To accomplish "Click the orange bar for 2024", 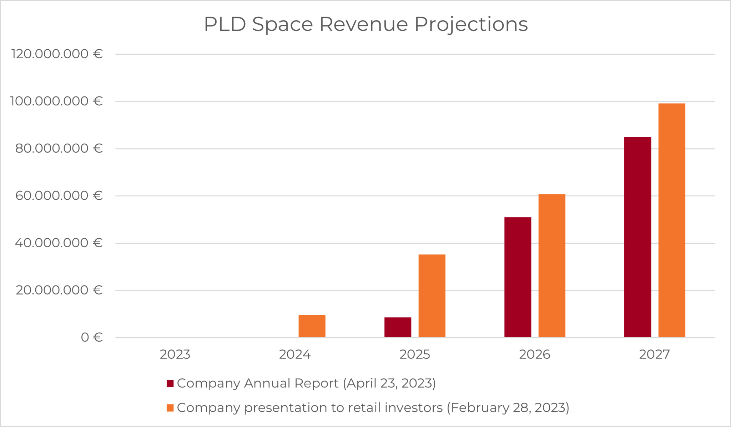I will click(x=312, y=326).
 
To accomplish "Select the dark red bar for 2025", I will click(x=398, y=327).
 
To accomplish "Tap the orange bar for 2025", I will click(x=432, y=296).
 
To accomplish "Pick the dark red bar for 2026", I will click(x=518, y=277).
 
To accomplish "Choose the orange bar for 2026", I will click(x=552, y=266).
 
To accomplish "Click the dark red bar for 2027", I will click(x=637, y=237).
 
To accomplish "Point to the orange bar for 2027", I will click(x=672, y=220).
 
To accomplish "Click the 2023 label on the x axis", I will click(x=175, y=354).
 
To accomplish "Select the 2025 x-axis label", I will click(x=415, y=354).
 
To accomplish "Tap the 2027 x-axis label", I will click(x=654, y=354).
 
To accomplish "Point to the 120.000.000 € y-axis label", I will click(x=57, y=54).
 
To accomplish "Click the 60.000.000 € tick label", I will click(x=59, y=196).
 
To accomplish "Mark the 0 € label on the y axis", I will click(x=92, y=337).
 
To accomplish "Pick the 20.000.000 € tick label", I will click(x=59, y=290).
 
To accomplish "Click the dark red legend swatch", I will click(x=170, y=383).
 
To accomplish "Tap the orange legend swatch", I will click(x=170, y=408).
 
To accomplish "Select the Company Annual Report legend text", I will click(x=257, y=383).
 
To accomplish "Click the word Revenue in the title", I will click(x=363, y=24).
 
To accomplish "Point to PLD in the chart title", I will click(x=225, y=24).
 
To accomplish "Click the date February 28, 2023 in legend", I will click(x=508, y=408).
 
